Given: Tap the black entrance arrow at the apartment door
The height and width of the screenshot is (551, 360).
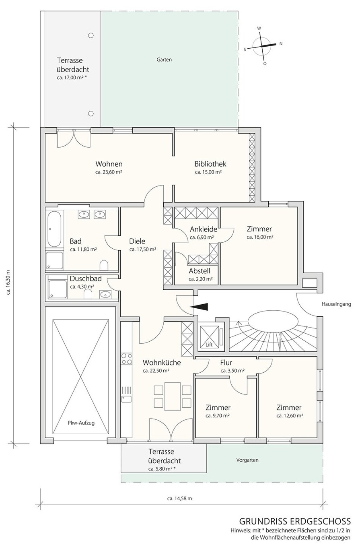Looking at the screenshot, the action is pyautogui.click(x=199, y=307).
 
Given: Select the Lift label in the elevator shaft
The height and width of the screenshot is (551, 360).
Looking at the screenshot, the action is pyautogui.click(x=209, y=345).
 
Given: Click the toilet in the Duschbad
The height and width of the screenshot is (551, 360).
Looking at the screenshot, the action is pyautogui.click(x=88, y=294).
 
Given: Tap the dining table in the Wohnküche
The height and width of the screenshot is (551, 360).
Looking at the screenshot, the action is pyautogui.click(x=173, y=396).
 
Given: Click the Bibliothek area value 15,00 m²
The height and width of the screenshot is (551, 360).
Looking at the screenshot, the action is pyautogui.click(x=208, y=172).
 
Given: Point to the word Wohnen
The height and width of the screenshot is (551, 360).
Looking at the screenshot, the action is pyautogui.click(x=109, y=164).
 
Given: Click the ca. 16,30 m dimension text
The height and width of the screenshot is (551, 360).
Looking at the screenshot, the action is pyautogui.click(x=8, y=283).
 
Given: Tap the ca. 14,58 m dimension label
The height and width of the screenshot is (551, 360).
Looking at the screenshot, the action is pyautogui.click(x=179, y=499).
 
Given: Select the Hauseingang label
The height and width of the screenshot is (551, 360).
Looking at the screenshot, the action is pyautogui.click(x=336, y=304).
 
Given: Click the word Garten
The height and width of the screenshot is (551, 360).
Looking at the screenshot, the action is pyautogui.click(x=164, y=60).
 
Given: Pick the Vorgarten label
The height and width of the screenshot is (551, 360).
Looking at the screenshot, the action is pyautogui.click(x=247, y=460).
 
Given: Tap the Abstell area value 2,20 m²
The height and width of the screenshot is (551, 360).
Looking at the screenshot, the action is pyautogui.click(x=201, y=279).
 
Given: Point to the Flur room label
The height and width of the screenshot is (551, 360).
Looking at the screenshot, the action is pyautogui.click(x=226, y=362).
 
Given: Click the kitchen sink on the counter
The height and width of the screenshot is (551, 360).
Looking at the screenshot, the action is pyautogui.click(x=126, y=398).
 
